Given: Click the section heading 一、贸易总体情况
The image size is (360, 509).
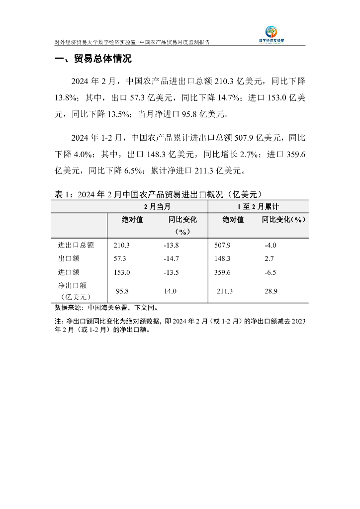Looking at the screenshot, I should (x=93, y=59).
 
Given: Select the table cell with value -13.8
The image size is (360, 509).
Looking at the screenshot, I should (x=171, y=245).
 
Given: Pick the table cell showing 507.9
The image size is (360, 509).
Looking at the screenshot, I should (x=222, y=245).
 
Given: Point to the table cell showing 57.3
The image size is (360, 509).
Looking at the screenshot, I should (x=120, y=259).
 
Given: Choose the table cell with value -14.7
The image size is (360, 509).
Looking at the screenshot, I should (x=171, y=259).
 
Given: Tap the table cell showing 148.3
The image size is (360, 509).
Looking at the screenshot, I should (x=222, y=259).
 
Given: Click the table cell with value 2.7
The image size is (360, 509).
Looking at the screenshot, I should (x=269, y=259).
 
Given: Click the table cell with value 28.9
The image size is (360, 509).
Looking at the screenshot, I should (x=271, y=291).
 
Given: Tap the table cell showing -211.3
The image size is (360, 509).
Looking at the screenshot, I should (x=223, y=291).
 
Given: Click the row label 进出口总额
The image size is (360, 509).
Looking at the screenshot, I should (x=76, y=245).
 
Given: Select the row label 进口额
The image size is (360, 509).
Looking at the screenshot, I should (x=69, y=272).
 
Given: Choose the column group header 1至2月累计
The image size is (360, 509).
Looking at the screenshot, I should (x=258, y=206).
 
